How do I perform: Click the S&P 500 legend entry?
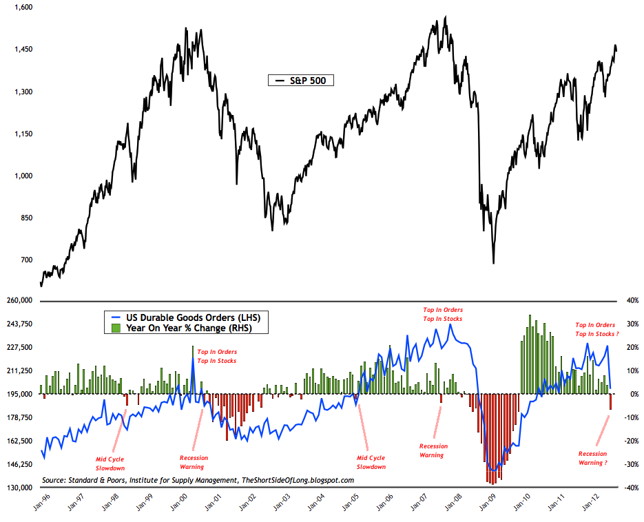[x=301, y=81]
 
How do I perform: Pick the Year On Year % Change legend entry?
[x=186, y=328]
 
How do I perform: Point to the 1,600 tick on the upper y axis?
[x=21, y=7]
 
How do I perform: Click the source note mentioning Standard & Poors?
[x=198, y=480]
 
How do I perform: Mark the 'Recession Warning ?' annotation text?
[x=592, y=458]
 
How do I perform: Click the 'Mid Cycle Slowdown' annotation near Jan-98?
[x=110, y=463]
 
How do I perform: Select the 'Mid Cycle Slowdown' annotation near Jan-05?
[x=371, y=462]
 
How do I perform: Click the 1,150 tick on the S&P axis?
[x=21, y=134]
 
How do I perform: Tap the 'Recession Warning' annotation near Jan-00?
[x=194, y=462]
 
